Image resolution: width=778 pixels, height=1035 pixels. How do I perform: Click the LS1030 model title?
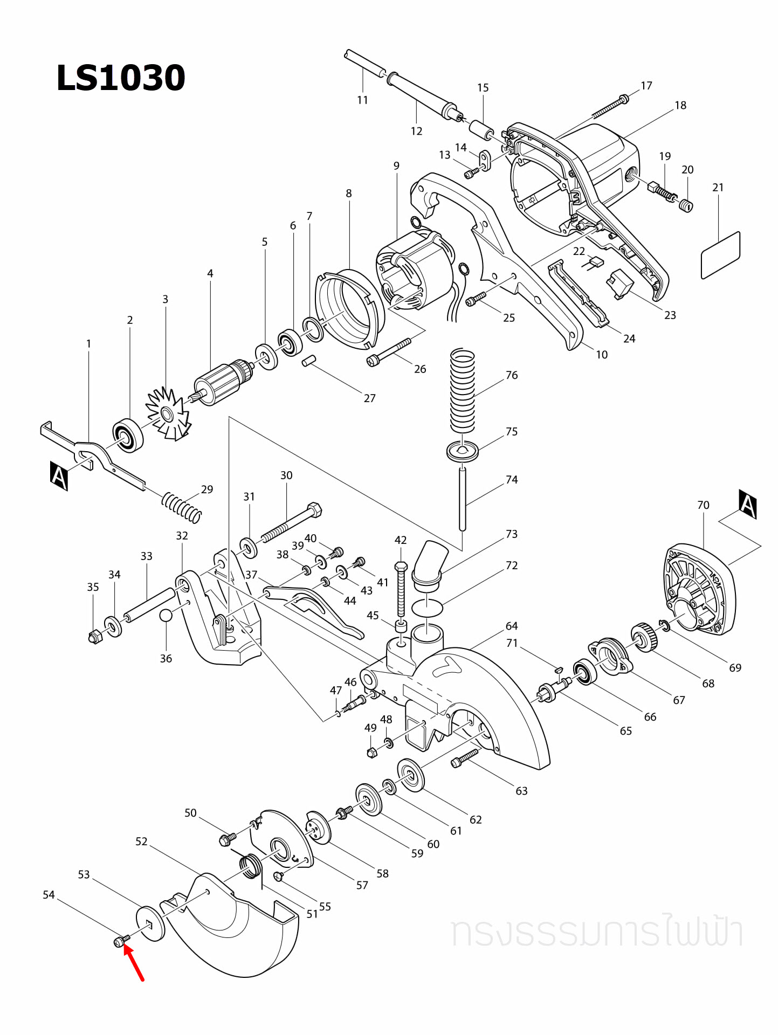(x=121, y=78)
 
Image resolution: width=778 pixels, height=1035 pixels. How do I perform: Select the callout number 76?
(x=511, y=375)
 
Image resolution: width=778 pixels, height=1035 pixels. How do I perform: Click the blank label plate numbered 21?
(x=720, y=255)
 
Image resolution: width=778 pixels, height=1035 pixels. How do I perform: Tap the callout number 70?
(x=703, y=505)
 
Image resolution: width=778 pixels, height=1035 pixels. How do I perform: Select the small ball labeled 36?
(x=166, y=616)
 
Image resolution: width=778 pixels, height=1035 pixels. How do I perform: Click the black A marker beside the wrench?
(x=59, y=475)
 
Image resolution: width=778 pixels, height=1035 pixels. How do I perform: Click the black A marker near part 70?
(x=748, y=504)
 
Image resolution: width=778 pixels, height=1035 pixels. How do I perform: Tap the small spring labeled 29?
(x=182, y=507)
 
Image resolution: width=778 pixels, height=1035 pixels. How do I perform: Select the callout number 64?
(x=511, y=626)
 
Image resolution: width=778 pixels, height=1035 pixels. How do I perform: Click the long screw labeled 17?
(x=609, y=108)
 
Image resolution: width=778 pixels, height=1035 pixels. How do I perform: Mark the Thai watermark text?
(x=596, y=933)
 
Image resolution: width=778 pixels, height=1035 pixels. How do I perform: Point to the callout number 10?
(x=602, y=355)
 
